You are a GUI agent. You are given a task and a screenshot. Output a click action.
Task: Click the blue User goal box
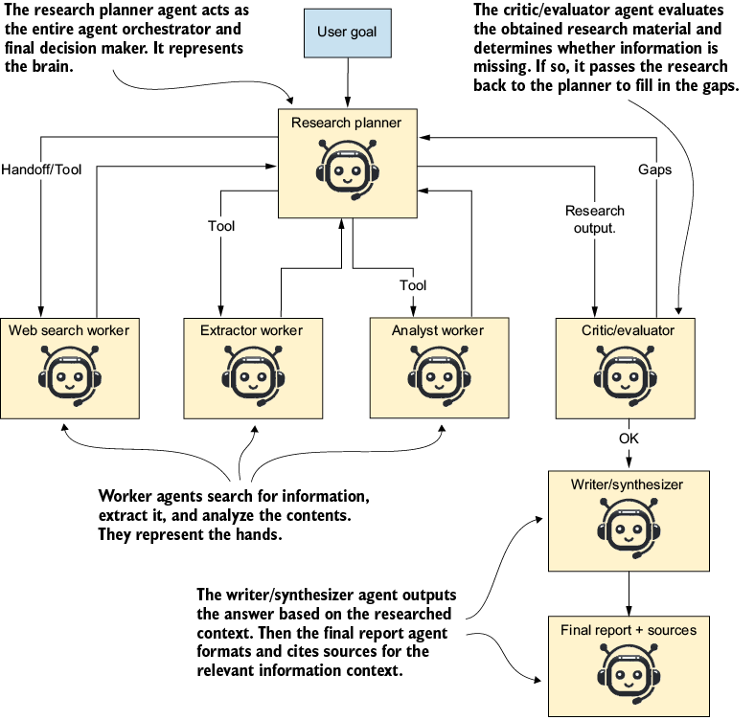point(347,33)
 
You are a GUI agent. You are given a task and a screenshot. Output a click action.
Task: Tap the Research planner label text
point(346,123)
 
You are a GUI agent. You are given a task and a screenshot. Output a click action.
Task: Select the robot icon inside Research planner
point(347,169)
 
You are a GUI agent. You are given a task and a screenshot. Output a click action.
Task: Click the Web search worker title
point(69,330)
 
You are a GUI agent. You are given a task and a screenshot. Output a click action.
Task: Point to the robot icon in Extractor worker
point(253,375)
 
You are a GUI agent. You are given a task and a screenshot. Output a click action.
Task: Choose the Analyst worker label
point(438,330)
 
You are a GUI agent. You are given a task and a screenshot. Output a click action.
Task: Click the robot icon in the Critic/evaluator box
point(625,375)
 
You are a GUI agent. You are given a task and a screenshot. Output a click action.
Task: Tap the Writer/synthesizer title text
point(627,484)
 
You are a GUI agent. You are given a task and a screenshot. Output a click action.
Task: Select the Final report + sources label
point(629,630)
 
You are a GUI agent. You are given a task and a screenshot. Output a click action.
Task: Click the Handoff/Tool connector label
point(41,169)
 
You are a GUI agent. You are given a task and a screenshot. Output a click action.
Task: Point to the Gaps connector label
point(654,169)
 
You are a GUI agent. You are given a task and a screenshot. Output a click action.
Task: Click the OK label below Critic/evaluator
point(629,439)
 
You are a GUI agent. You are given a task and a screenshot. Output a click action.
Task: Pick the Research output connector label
point(595,219)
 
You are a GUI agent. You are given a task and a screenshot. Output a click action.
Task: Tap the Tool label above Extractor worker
point(221,226)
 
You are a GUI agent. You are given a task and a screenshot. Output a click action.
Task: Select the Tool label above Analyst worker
point(413,285)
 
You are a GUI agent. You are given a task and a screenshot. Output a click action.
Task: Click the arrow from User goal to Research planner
point(348,82)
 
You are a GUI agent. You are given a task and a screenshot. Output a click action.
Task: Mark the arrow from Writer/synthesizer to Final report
point(629,594)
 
